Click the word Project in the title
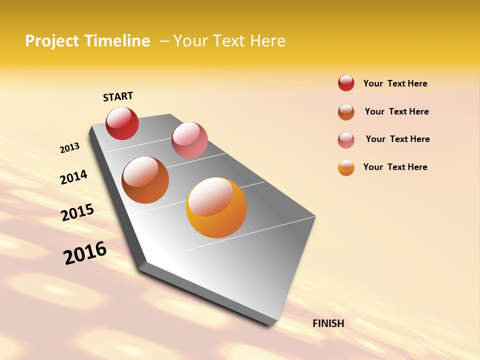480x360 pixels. pyautogui.click(x=51, y=41)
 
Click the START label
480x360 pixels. pyautogui.click(x=118, y=96)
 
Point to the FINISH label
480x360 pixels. pyautogui.click(x=328, y=323)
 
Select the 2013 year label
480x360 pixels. pyautogui.click(x=69, y=148)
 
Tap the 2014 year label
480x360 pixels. pyautogui.click(x=73, y=177)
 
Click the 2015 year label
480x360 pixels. pyautogui.click(x=77, y=213)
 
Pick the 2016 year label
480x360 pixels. pyautogui.click(x=85, y=253)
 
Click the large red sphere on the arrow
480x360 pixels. pyautogui.click(x=122, y=123)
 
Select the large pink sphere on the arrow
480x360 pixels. pyautogui.click(x=189, y=140)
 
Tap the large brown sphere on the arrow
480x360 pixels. pyautogui.click(x=145, y=180)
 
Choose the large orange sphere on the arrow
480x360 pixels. pyautogui.click(x=216, y=207)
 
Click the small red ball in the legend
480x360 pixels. pyautogui.click(x=346, y=83)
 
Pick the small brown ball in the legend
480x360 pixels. pyautogui.click(x=346, y=112)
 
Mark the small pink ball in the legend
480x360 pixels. pyautogui.click(x=346, y=140)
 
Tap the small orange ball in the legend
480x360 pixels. pyautogui.click(x=346, y=167)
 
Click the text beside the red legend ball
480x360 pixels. pyautogui.click(x=395, y=83)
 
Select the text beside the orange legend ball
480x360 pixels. pyautogui.click(x=395, y=167)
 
